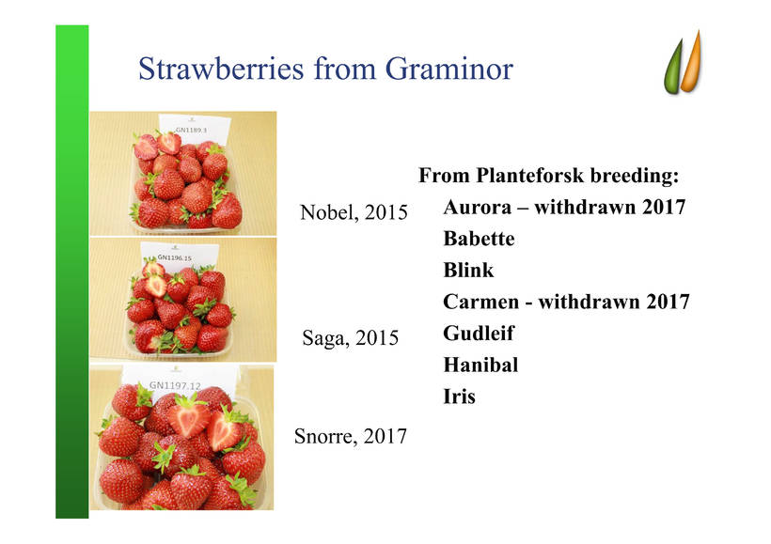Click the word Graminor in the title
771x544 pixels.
tap(448, 69)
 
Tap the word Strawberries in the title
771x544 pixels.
tap(221, 69)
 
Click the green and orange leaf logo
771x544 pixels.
tap(683, 62)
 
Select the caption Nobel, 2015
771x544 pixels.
tap(354, 212)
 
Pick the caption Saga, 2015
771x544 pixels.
tap(350, 337)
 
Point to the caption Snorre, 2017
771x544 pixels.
tap(350, 436)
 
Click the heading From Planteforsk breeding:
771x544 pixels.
tap(548, 176)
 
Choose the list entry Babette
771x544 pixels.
tap(479, 239)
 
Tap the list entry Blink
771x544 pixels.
tap(468, 270)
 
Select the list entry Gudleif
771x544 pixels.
tap(479, 334)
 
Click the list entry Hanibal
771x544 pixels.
tap(480, 365)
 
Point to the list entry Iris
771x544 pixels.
tap(459, 396)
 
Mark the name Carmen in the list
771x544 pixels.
tap(480, 302)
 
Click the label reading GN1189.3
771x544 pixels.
tap(191, 130)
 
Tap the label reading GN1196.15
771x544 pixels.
tap(174, 257)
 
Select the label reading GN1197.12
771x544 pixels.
tap(175, 385)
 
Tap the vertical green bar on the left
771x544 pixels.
tap(71, 272)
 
